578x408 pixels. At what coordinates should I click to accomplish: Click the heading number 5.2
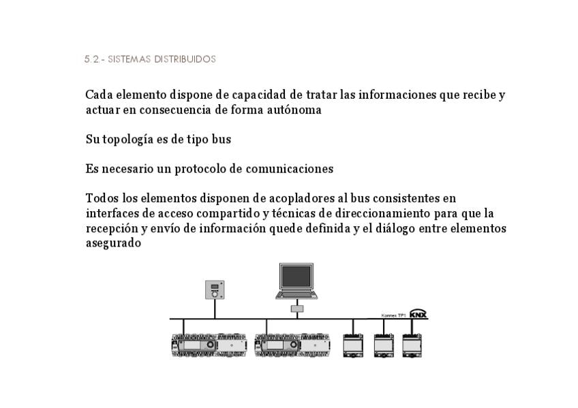pyautogui.click(x=91, y=59)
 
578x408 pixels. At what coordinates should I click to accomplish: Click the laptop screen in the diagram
pyautogui.click(x=296, y=277)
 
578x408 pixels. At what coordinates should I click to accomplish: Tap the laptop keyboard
pyautogui.click(x=296, y=294)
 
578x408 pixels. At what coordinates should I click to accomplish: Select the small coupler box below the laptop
pyautogui.click(x=296, y=309)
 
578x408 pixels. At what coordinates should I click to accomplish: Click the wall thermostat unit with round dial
pyautogui.click(x=215, y=289)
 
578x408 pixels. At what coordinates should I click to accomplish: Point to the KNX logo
pyautogui.click(x=418, y=314)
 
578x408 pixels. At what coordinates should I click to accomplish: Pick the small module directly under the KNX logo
pyautogui.click(x=412, y=345)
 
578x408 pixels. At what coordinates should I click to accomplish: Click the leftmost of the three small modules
pyautogui.click(x=353, y=345)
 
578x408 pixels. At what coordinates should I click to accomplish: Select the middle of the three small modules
pyautogui.click(x=384, y=345)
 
